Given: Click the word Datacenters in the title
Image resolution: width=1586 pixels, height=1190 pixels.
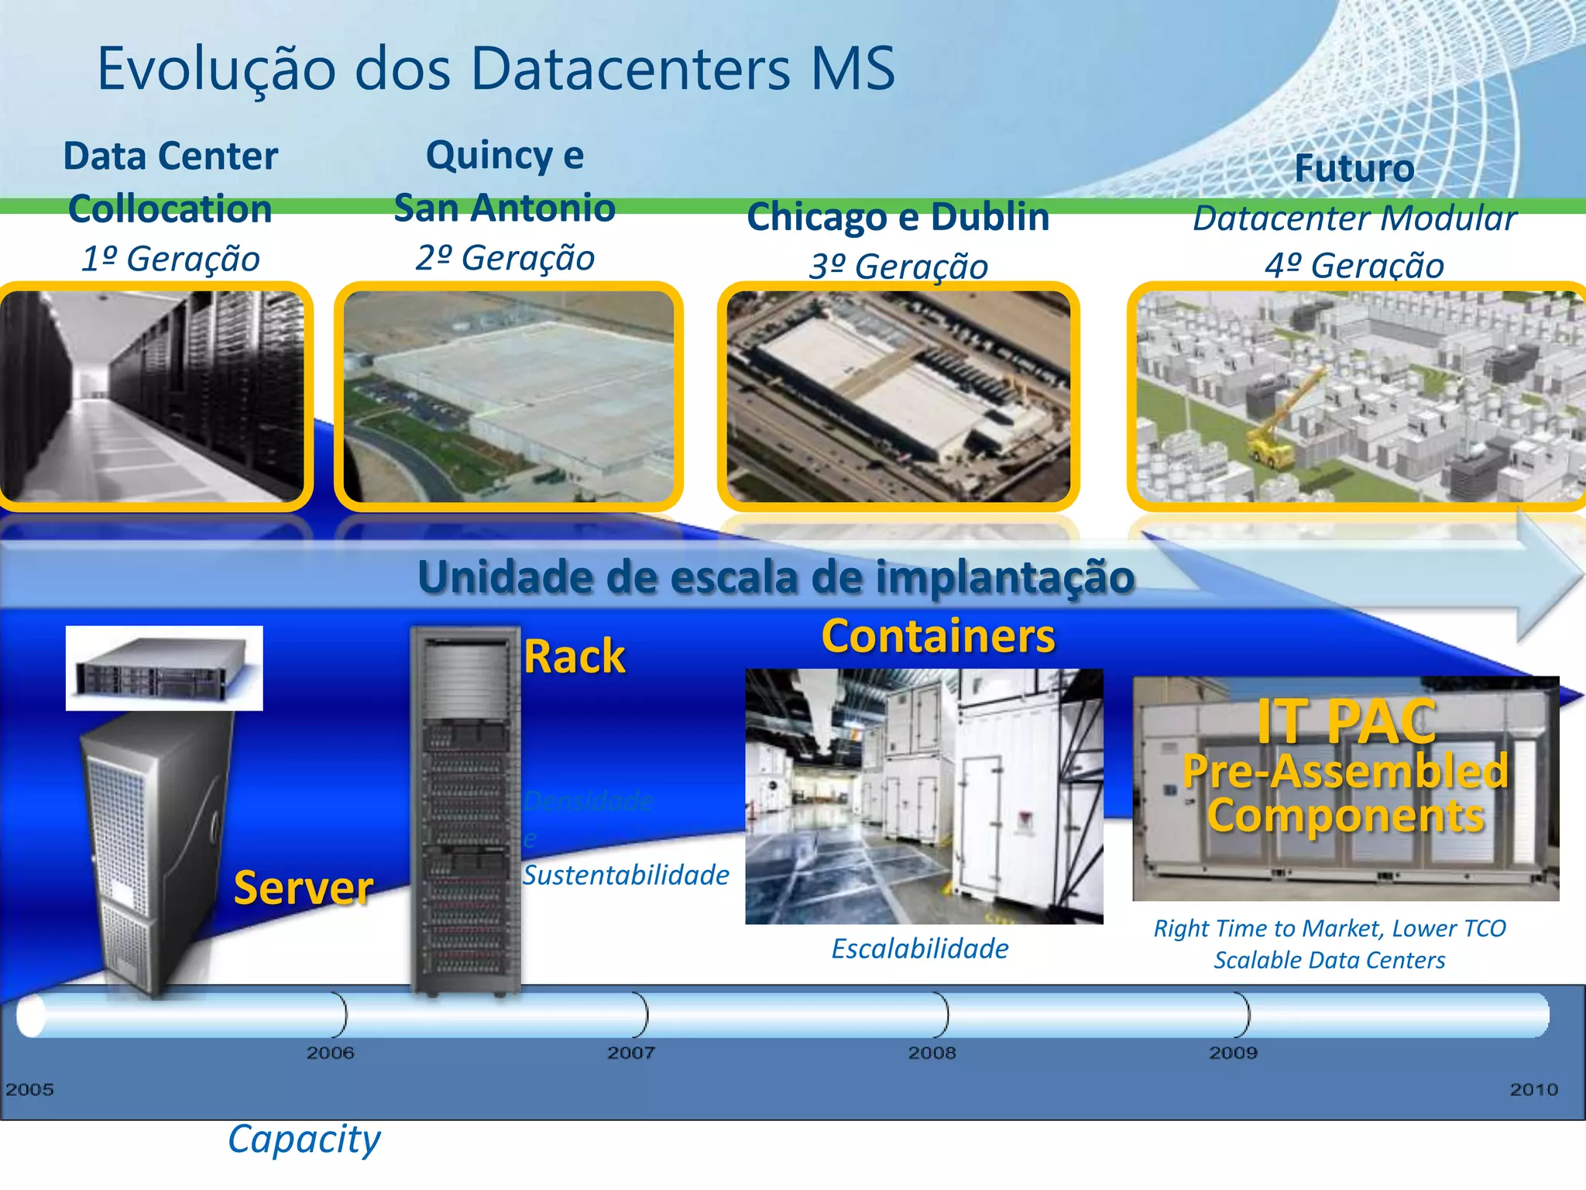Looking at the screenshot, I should tap(630, 70).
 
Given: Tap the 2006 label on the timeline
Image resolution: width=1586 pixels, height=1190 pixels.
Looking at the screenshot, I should tap(330, 1053).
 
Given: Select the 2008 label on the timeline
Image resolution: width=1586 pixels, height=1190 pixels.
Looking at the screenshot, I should tap(932, 1053).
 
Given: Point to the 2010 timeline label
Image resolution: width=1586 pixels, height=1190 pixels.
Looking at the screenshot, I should tap(1533, 1089).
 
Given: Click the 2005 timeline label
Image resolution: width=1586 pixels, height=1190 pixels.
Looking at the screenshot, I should tap(29, 1089).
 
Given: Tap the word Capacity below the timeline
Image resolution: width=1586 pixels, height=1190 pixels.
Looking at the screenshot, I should tap(304, 1140).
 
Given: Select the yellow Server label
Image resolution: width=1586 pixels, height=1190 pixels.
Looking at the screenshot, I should tap(303, 888).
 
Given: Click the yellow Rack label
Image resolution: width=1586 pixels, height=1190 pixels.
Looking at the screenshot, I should tap(574, 657).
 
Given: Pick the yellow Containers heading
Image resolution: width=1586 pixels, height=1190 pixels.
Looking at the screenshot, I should tap(938, 637).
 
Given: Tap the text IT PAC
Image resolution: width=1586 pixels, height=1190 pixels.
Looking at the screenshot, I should tap(1346, 721).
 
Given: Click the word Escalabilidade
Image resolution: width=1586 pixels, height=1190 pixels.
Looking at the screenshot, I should tap(920, 948).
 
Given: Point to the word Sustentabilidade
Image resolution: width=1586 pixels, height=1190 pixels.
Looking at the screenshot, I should tap(626, 875).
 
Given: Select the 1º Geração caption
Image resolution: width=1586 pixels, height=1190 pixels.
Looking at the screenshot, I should tap(170, 259).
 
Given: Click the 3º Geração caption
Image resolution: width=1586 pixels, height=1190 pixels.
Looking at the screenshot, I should tap(898, 267).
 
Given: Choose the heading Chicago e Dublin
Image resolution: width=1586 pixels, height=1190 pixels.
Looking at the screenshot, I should tap(898, 217).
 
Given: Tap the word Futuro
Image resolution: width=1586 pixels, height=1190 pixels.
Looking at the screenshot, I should tap(1354, 168).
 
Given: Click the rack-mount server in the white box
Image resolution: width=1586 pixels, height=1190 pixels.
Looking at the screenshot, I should tap(163, 669).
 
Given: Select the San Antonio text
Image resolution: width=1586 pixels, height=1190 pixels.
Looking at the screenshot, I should tap(504, 208).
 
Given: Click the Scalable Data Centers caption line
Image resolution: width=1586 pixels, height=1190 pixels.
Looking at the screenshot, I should tap(1329, 961).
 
